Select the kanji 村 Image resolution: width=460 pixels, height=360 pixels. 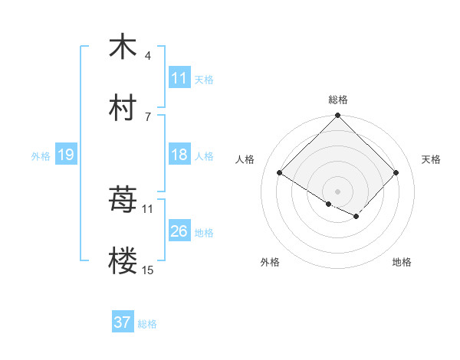coord(123,108)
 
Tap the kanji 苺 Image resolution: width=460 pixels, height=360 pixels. coord(123,201)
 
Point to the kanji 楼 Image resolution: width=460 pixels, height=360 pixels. coord(123,262)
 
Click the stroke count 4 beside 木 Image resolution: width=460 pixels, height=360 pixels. coord(148,56)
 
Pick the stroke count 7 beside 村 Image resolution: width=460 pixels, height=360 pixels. coord(148,116)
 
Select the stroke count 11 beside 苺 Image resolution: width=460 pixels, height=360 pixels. coord(148,208)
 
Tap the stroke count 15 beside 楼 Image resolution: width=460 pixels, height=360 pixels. coord(148,270)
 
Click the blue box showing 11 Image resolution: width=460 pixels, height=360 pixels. coord(179,78)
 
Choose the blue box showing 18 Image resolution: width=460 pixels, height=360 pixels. coord(179,155)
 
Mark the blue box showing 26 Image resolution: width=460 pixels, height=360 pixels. coord(179,231)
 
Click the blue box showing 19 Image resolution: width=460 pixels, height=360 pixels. coord(66,155)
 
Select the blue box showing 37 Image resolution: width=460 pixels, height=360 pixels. coord(123,322)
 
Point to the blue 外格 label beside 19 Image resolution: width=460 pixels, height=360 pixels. coord(41,156)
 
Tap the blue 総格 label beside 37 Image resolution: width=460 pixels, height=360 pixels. coord(147,324)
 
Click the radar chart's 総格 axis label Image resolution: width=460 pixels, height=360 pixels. coord(338,100)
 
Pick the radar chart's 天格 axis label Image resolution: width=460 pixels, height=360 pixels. coord(431,159)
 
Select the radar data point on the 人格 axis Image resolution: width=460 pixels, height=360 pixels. coord(280,173)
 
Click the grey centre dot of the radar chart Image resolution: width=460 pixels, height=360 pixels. coord(338,191)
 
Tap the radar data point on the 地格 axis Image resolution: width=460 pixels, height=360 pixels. coord(356,217)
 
